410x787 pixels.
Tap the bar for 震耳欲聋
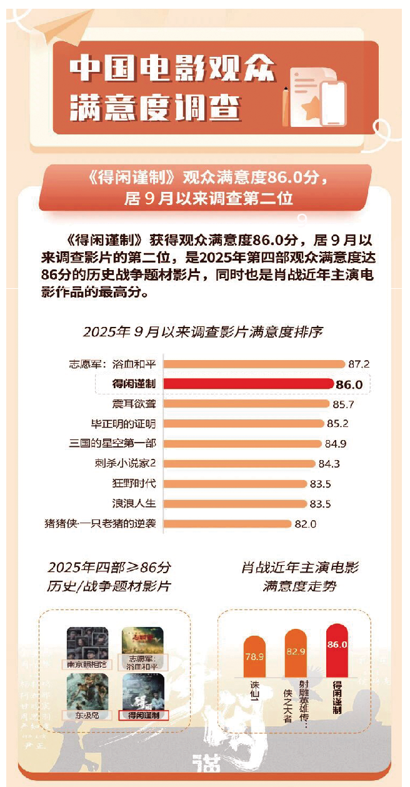pos(246,404)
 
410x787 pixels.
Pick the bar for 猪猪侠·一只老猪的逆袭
pos(228,524)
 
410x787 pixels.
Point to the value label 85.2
pos(337,424)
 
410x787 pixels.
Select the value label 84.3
pos(329,464)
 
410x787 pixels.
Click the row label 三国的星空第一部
pos(112,444)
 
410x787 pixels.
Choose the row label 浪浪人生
pos(133,504)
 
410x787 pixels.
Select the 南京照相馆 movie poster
pos(87,644)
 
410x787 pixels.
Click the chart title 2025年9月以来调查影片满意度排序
pos(202,331)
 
